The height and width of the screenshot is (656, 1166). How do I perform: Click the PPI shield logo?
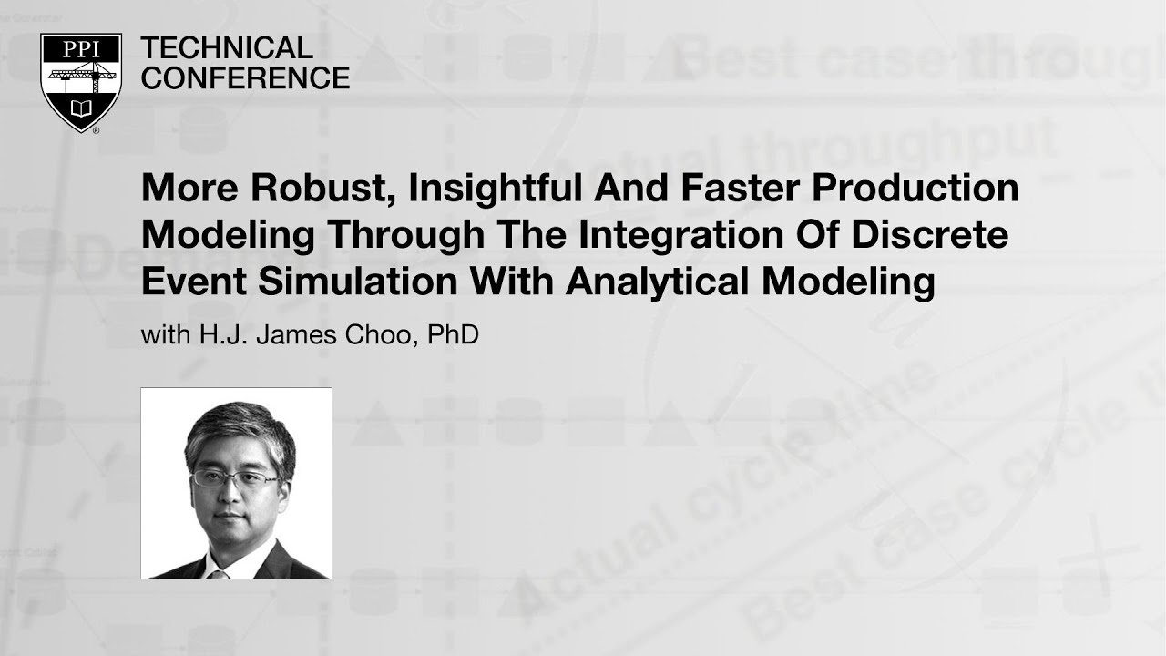(x=81, y=82)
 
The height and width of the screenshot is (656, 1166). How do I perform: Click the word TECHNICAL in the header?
(x=227, y=47)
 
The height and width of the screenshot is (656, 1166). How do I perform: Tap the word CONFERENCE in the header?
(x=246, y=78)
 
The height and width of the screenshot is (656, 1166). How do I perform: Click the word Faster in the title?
(x=733, y=189)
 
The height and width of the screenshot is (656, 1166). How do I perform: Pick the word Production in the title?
(x=915, y=189)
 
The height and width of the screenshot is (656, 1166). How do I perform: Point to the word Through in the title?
(x=406, y=235)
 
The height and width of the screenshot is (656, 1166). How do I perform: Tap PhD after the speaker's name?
(x=454, y=335)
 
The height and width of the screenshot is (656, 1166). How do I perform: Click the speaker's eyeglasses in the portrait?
(x=235, y=477)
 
